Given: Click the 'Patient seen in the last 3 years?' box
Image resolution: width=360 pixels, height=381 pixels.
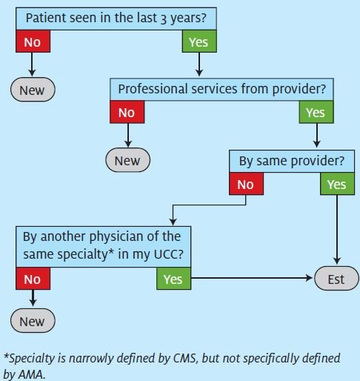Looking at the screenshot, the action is (x=116, y=19).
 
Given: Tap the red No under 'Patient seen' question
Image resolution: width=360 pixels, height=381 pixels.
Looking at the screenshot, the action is (x=33, y=42).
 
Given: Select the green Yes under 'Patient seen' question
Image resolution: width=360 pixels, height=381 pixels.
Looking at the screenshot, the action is (x=199, y=42).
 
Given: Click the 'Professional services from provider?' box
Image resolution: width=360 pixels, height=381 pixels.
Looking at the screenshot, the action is (x=221, y=90).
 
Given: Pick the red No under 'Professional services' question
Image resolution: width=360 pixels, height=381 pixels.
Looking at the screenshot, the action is (x=127, y=112).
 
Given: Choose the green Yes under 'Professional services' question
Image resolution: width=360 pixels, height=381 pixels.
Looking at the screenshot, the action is (x=316, y=112).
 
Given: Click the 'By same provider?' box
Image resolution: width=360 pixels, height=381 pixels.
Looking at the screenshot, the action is (x=292, y=161).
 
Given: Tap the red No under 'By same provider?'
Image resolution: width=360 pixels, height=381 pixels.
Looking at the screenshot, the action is (x=246, y=184).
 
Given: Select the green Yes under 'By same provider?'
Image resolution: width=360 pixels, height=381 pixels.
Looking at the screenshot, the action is (x=337, y=184).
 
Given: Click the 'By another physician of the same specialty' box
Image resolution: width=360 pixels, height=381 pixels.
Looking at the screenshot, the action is (x=103, y=247).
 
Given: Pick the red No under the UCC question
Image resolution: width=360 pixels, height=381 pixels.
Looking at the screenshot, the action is (x=33, y=279).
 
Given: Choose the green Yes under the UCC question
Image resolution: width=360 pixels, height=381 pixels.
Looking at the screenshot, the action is (x=173, y=279).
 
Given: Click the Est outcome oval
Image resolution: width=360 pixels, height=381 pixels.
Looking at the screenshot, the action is (x=336, y=279).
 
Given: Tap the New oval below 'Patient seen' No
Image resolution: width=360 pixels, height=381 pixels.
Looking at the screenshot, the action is (x=33, y=90).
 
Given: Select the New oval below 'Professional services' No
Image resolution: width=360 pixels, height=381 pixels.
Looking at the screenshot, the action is (x=127, y=160).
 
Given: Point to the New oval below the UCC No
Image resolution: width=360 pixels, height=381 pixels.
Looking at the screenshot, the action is (x=33, y=321).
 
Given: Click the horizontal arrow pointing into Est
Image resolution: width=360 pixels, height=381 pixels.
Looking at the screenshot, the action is (x=252, y=278).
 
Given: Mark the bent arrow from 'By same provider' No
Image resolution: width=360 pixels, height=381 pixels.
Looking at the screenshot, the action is (x=210, y=205).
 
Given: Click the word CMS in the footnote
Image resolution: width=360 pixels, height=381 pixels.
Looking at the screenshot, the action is (x=186, y=358).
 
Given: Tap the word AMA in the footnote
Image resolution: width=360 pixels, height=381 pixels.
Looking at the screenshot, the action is (x=32, y=374).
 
